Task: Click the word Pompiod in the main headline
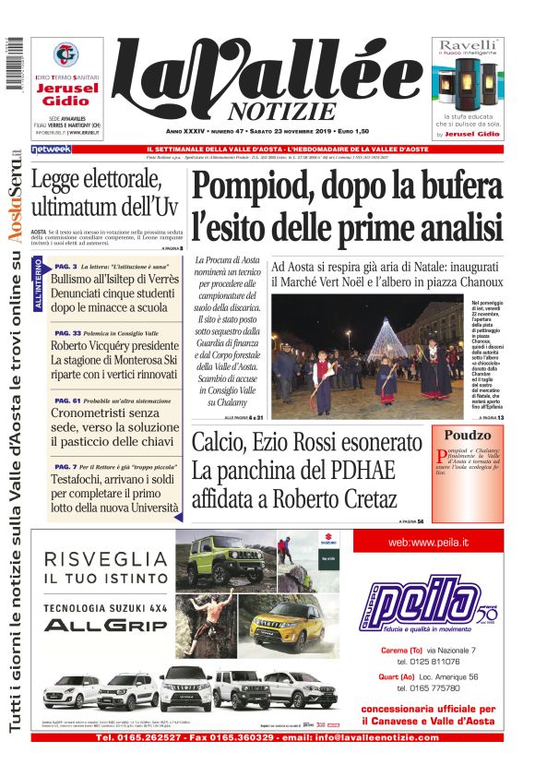click(x=248, y=187)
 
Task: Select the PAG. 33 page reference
click(x=67, y=332)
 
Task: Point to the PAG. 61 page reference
click(x=67, y=400)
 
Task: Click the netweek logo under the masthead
click(x=51, y=149)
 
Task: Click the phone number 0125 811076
click(x=429, y=662)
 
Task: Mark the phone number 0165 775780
click(x=429, y=687)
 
